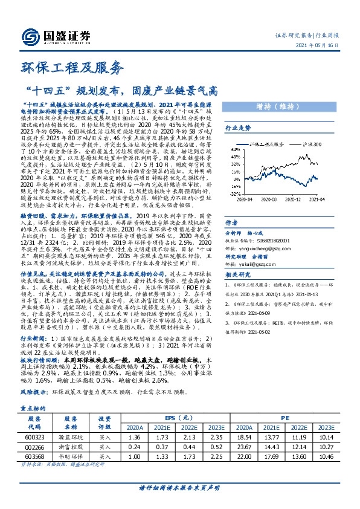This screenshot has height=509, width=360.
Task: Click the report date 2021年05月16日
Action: [325, 45]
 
